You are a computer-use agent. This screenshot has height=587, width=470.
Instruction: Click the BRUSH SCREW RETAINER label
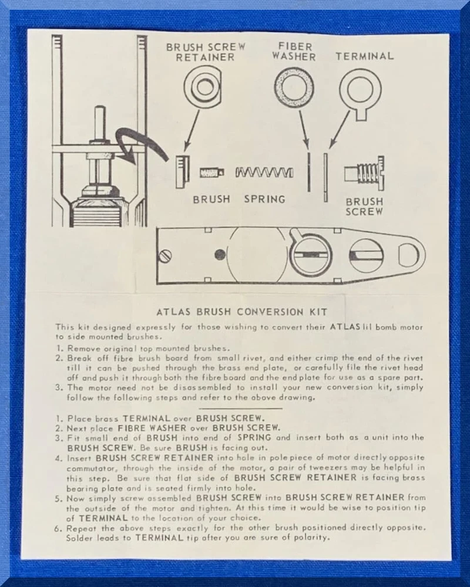click(x=206, y=52)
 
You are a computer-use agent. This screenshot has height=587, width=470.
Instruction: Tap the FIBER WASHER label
click(x=294, y=52)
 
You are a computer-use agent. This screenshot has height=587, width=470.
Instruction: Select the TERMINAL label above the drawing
click(x=365, y=56)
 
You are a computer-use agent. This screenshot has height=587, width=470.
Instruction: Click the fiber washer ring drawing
click(x=294, y=87)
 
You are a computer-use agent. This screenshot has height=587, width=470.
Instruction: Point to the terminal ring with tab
click(x=360, y=94)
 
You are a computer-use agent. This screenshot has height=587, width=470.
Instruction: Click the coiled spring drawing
click(x=264, y=173)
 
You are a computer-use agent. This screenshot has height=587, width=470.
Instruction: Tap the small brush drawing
click(x=211, y=173)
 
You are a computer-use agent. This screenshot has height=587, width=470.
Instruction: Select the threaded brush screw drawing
click(x=365, y=173)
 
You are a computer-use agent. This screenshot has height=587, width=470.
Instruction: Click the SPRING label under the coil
click(x=264, y=199)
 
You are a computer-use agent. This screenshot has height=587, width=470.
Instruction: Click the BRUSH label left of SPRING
click(x=211, y=199)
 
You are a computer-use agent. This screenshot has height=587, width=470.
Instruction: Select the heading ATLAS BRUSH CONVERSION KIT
click(x=241, y=312)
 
